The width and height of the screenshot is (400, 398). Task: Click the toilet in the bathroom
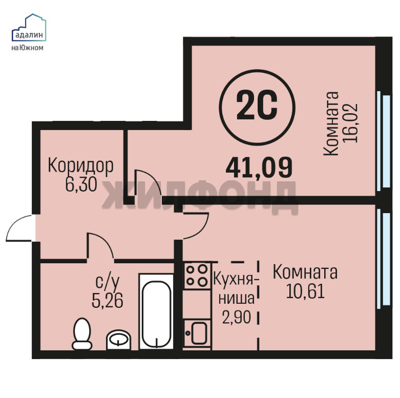pyautogui.click(x=82, y=333)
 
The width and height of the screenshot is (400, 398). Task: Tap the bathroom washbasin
pyautogui.click(x=118, y=340)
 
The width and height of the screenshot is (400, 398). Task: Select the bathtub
pyautogui.click(x=156, y=311)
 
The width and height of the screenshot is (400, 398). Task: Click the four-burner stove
pyautogui.click(x=197, y=275)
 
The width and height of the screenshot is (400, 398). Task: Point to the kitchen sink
pyautogui.click(x=197, y=333)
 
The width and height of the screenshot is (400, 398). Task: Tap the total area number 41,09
pyautogui.click(x=259, y=167)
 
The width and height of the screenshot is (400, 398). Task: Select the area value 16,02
pyautogui.click(x=351, y=123)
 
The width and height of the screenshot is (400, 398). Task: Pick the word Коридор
pyautogui.click(x=80, y=166)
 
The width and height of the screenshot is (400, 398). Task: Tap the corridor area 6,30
pyautogui.click(x=81, y=184)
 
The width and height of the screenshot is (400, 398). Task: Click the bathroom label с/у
pyautogui.click(x=108, y=282)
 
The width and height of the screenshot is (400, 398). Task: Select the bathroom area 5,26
pyautogui.click(x=108, y=300)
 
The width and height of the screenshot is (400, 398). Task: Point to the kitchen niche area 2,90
pyautogui.click(x=237, y=317)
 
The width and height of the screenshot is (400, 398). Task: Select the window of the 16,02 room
pyautogui.click(x=384, y=141)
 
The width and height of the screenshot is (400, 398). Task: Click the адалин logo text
pyautogui.click(x=29, y=35)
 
